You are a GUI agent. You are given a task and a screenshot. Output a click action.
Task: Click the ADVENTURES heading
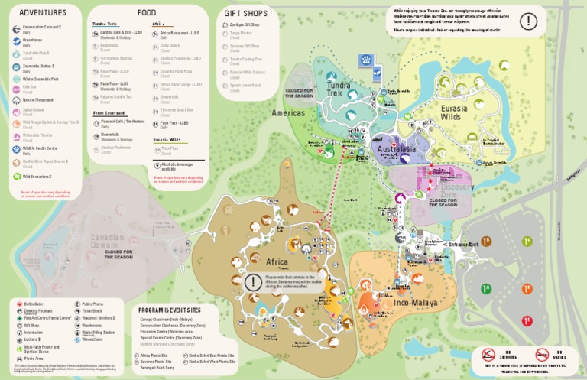(43, 12)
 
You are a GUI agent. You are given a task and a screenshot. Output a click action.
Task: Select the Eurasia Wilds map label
(460, 112)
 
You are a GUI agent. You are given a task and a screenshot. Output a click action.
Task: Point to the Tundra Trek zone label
(339, 89)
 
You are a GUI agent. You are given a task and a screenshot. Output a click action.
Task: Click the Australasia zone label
(397, 149)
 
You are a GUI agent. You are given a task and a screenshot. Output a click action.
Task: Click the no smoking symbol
(488, 355)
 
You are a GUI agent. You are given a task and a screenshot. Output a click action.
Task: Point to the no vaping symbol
(543, 355)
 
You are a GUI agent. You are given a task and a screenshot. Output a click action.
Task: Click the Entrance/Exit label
(462, 244)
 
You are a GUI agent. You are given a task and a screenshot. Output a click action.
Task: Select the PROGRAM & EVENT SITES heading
(170, 310)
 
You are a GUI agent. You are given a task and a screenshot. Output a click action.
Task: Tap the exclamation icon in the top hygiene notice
(528, 21)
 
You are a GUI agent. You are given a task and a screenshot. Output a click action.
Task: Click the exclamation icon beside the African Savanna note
(252, 281)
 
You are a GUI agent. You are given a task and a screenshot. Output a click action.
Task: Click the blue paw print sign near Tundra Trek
(366, 59)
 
